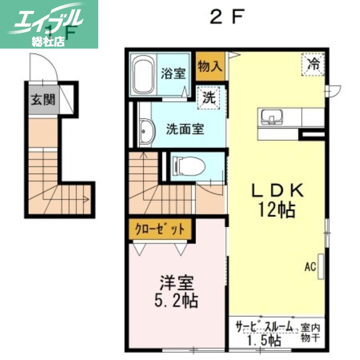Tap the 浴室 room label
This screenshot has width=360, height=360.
tap(173, 73)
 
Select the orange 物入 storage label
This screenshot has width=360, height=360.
tap(210, 67)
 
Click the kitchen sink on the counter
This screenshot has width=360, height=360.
tap(272, 118)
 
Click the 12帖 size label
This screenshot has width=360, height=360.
tap(276, 209)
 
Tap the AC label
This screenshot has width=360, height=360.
tap(310, 267)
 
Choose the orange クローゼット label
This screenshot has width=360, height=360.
tap(160, 229)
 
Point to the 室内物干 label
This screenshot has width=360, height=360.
tap(310, 333)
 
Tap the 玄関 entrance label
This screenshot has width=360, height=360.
tap(41, 100)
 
